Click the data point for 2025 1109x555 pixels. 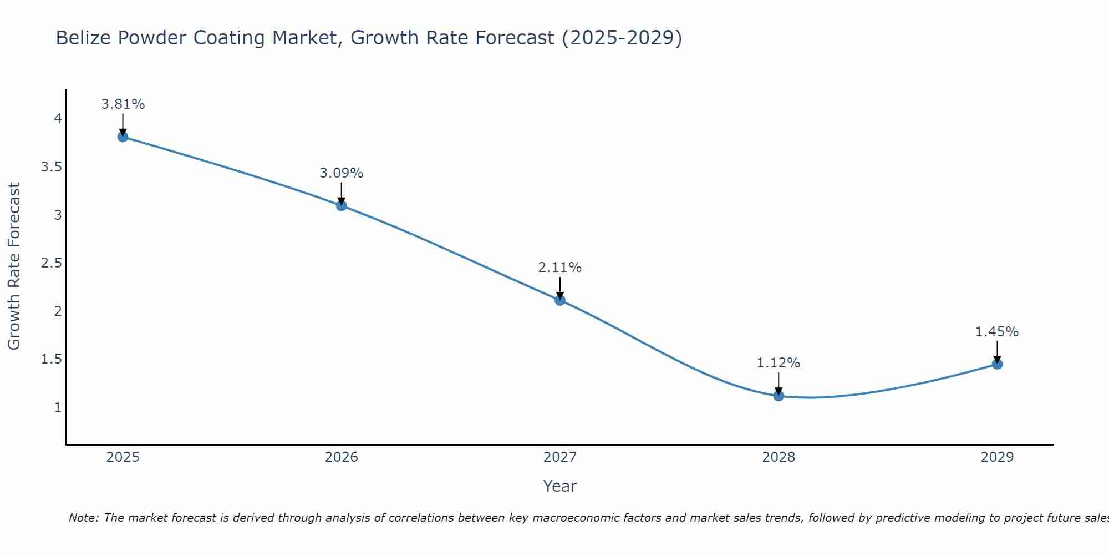(x=123, y=137)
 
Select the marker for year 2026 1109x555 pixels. (x=342, y=205)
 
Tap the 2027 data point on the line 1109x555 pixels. (x=560, y=300)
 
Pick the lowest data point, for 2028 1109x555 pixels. (x=779, y=396)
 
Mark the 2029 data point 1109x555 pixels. (x=997, y=364)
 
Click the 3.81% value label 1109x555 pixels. (x=123, y=104)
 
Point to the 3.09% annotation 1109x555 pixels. (x=342, y=173)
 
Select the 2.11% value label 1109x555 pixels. (x=560, y=268)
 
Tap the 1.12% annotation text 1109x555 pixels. (x=779, y=363)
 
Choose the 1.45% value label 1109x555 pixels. (x=997, y=332)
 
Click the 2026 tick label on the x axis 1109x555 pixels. (x=342, y=457)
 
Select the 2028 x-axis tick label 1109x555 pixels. (x=779, y=457)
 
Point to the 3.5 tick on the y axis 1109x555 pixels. (x=52, y=167)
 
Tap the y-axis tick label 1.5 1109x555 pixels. (x=52, y=359)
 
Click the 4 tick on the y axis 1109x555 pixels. (x=58, y=119)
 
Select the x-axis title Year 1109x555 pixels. (x=560, y=486)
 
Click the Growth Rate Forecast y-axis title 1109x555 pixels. (x=14, y=266)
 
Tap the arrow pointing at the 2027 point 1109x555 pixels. (x=560, y=287)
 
